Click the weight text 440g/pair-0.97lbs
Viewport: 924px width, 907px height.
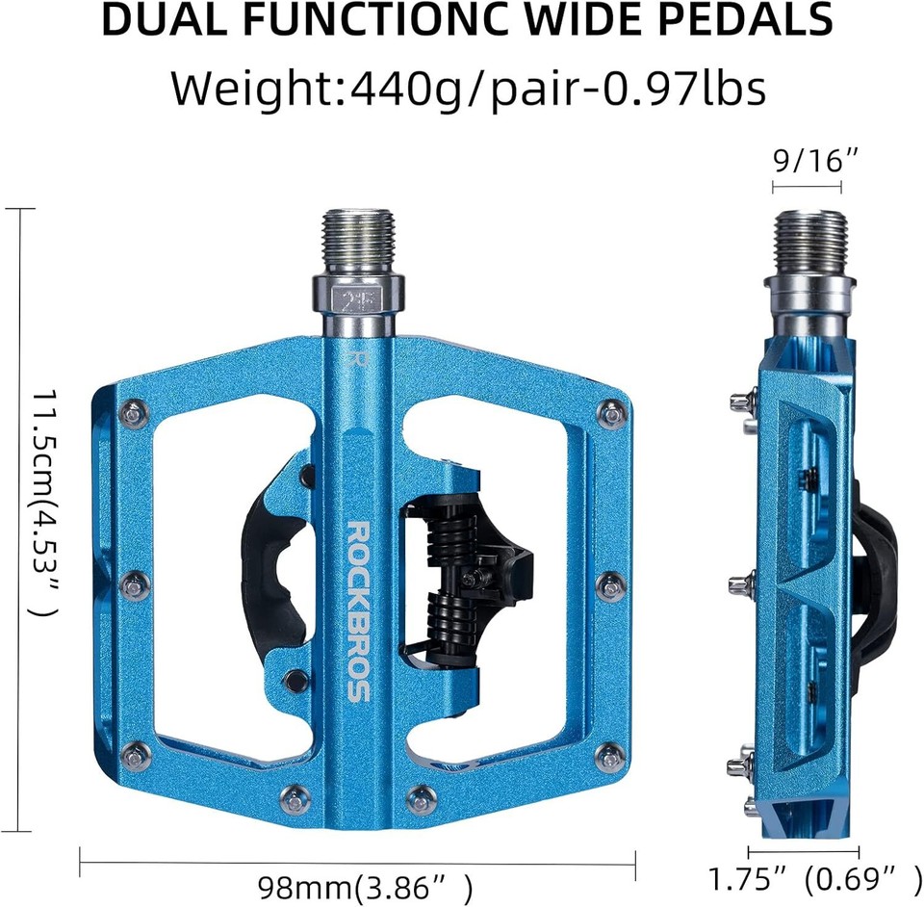(x=558, y=89)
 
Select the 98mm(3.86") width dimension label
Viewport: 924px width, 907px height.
(x=366, y=885)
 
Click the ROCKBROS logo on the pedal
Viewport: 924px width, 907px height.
(x=358, y=611)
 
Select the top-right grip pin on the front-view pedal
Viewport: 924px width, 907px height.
(x=610, y=414)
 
